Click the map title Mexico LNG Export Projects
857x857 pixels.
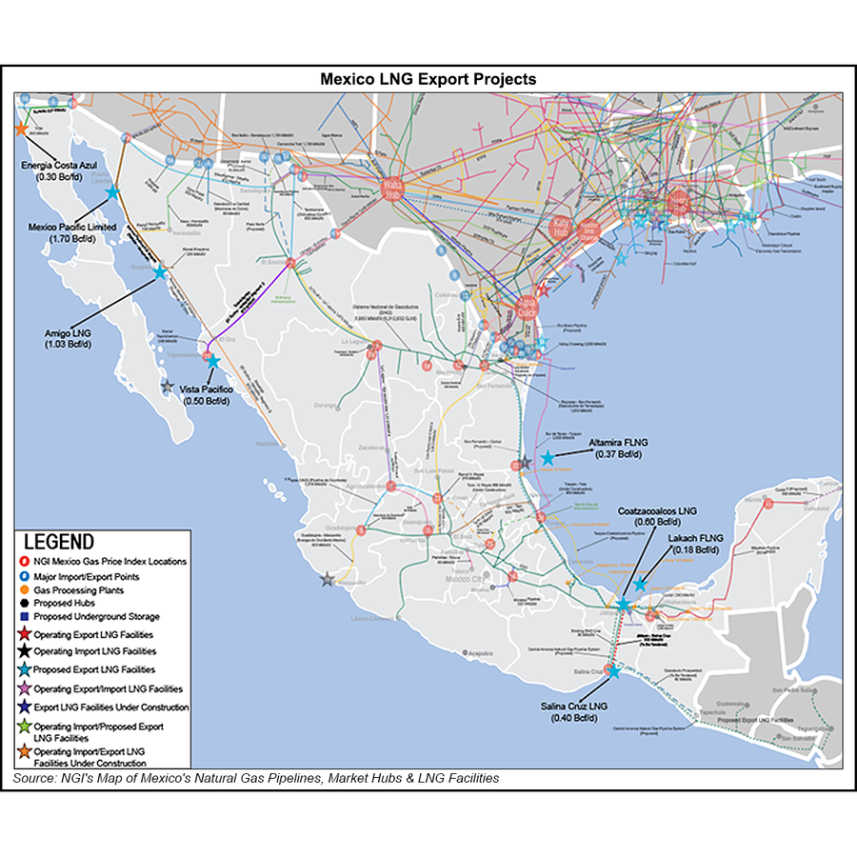click(428, 79)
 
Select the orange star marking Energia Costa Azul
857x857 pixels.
click(20, 129)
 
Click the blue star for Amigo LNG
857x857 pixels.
click(159, 272)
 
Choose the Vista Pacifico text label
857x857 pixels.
click(211, 390)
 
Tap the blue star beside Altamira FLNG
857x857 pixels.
click(547, 458)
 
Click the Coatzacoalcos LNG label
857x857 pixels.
click(657, 509)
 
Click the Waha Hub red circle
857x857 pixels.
click(392, 189)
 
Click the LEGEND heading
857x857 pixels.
click(59, 542)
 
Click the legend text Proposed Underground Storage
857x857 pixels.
click(97, 617)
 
